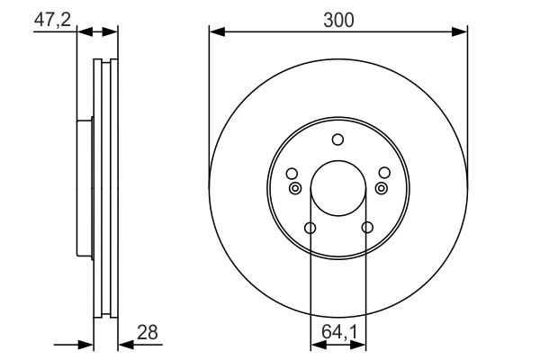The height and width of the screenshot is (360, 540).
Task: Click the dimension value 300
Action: (337, 18)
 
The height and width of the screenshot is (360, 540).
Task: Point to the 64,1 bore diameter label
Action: (338, 332)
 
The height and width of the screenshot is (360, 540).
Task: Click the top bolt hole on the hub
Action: (337, 139)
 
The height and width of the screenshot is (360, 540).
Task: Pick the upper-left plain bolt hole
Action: (291, 174)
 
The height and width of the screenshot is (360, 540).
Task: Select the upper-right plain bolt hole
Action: (384, 174)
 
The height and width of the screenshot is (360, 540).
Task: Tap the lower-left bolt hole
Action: (310, 228)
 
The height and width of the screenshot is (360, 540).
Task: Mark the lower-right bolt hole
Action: (366, 228)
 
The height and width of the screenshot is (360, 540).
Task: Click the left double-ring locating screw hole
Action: (295, 188)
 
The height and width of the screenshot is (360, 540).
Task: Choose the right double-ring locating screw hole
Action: (381, 188)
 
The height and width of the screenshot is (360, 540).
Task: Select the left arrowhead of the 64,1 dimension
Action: (315, 344)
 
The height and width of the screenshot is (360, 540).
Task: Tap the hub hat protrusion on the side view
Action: (85, 189)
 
